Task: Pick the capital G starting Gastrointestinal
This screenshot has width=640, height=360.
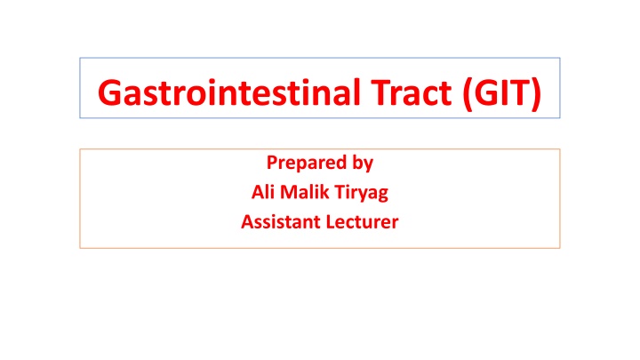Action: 110,91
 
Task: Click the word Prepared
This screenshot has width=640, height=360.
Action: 300,163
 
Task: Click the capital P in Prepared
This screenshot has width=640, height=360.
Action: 271,163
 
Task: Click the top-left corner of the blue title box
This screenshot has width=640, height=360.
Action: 80,59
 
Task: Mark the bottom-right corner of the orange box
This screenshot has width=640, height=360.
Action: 560,247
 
